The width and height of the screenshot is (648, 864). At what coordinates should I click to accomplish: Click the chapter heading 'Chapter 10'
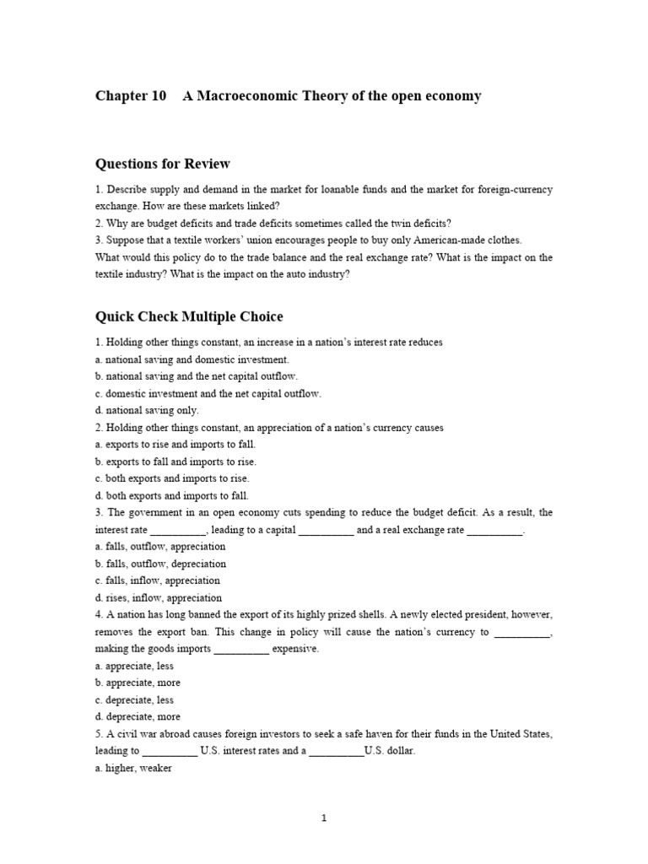tap(131, 95)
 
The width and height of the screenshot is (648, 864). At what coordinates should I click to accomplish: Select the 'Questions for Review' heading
tap(163, 164)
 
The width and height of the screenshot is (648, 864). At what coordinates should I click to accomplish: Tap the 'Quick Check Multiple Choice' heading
tap(189, 316)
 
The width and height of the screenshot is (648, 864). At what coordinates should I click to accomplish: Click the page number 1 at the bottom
tap(324, 818)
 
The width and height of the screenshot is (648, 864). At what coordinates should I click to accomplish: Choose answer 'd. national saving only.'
tap(147, 411)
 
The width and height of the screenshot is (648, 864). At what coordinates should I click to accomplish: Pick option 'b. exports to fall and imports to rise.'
tap(175, 462)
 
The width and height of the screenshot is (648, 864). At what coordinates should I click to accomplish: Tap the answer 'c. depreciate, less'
tap(135, 699)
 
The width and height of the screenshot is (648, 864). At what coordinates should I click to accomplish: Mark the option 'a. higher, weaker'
tap(134, 768)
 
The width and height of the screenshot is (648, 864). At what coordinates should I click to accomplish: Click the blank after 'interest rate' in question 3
tap(178, 530)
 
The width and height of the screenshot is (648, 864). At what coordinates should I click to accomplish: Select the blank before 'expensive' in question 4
tap(241, 649)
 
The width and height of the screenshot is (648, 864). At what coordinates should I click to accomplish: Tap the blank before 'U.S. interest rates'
tap(170, 751)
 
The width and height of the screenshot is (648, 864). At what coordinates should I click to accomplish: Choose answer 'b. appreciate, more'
tap(138, 683)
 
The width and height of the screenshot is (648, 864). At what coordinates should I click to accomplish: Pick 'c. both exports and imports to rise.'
tap(172, 478)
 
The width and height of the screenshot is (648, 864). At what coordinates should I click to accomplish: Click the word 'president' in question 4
tap(489, 615)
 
